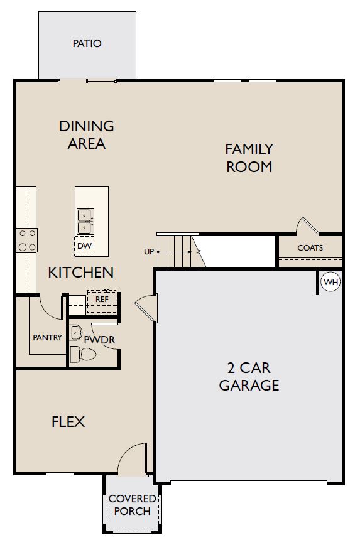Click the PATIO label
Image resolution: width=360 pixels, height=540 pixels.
(x=87, y=43)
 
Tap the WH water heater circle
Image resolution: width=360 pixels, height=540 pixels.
(x=331, y=283)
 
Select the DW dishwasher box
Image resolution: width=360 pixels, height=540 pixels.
(x=85, y=246)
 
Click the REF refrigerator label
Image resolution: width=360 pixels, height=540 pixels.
(x=102, y=300)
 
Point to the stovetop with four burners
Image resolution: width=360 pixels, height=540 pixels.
(x=27, y=240)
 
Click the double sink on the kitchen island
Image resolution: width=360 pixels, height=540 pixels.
(x=85, y=222)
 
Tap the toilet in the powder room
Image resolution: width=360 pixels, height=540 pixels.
(x=83, y=354)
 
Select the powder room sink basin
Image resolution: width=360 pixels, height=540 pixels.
(x=75, y=332)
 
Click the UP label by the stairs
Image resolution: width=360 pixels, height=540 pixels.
(x=149, y=252)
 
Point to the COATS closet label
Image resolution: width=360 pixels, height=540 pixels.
(x=310, y=247)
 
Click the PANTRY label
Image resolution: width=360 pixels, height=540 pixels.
(x=47, y=338)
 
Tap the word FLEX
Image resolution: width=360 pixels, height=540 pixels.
(x=68, y=421)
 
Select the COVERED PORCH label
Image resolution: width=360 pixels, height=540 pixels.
(x=133, y=505)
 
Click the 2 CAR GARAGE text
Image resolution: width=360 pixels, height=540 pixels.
(x=249, y=376)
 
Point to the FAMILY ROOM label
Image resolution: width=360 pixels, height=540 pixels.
(x=249, y=158)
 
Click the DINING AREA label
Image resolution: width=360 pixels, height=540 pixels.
(x=87, y=134)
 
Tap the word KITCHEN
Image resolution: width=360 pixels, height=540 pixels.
(x=81, y=273)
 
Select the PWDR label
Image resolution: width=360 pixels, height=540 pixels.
(x=99, y=340)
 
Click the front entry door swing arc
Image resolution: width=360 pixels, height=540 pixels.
(x=127, y=450)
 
